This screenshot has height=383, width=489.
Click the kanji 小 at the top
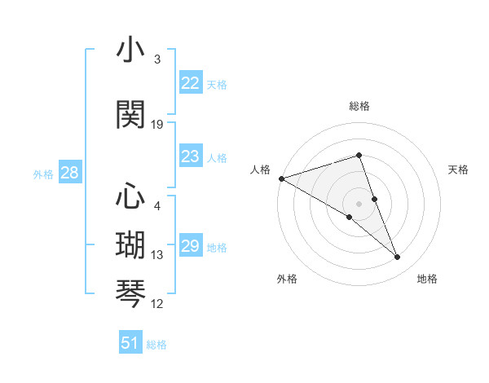tap(130, 51)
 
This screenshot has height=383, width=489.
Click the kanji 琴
tap(130, 292)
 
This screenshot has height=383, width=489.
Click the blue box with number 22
tap(190, 83)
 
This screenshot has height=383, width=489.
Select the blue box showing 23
tap(190, 156)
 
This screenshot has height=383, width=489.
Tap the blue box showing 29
tap(190, 246)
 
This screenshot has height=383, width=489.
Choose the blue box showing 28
tap(69, 173)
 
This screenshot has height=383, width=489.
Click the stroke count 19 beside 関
tap(157, 125)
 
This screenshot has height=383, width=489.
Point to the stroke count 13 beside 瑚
tap(157, 255)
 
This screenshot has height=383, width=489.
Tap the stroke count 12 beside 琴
tap(157, 304)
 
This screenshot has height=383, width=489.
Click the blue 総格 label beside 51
tap(156, 345)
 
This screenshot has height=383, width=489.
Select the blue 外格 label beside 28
tap(43, 174)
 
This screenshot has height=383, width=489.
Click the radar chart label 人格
tap(261, 169)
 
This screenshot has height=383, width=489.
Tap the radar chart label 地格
tap(427, 279)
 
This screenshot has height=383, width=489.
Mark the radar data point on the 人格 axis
tap(281, 178)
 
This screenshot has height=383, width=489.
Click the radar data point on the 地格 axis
tap(398, 258)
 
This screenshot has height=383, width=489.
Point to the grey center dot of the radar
tap(359, 203)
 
